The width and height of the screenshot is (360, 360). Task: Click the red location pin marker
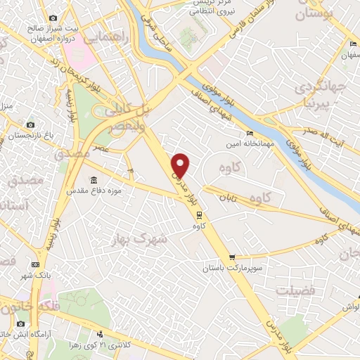click(181, 165)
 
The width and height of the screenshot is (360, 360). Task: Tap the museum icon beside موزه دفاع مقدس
click(95, 180)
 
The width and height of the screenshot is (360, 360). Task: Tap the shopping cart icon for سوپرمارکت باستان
click(232, 257)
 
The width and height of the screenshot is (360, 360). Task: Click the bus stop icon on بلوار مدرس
click(200, 215)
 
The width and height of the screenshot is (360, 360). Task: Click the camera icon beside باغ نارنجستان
click(30, 124)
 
